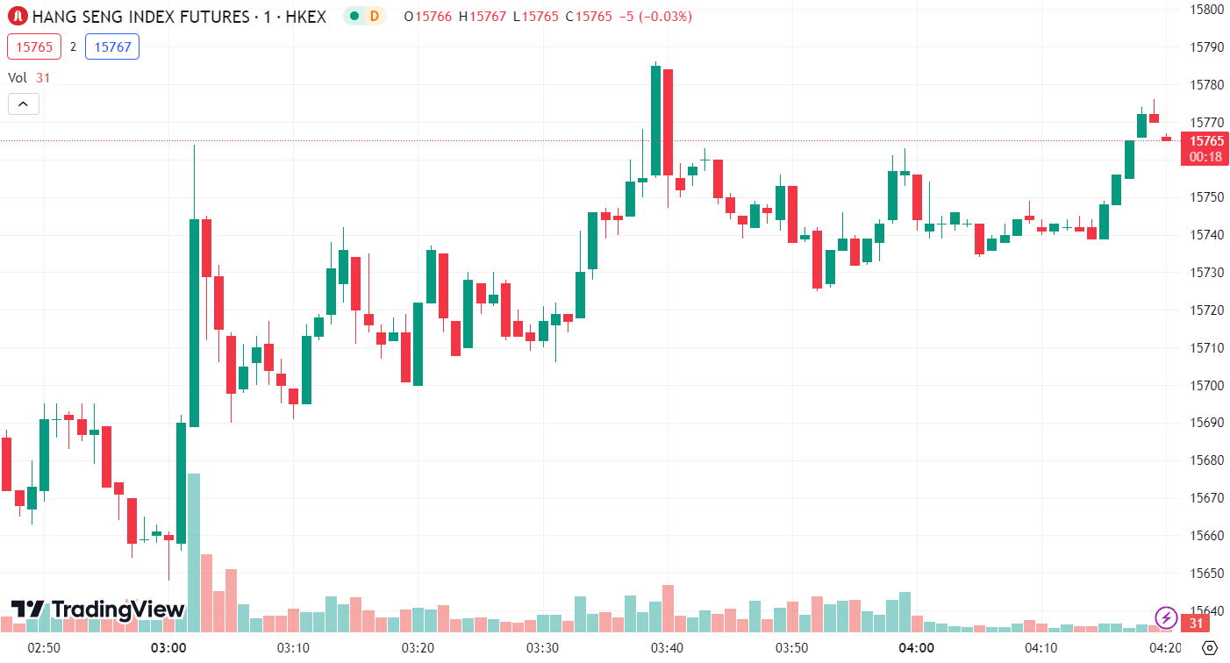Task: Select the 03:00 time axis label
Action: (168, 648)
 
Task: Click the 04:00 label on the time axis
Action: (916, 648)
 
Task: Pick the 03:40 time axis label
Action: (667, 648)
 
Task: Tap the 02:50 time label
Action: (44, 648)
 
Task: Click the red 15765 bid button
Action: (34, 46)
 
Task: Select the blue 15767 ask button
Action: (112, 46)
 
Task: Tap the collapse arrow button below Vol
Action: (24, 104)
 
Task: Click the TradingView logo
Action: (97, 610)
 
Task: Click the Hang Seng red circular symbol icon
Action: (18, 16)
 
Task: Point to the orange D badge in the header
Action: (375, 16)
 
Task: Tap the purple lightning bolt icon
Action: (1165, 617)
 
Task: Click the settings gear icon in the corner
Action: (1209, 648)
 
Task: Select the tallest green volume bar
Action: (194, 552)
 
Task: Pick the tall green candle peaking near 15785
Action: (655, 120)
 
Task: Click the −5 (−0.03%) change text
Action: (654, 16)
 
